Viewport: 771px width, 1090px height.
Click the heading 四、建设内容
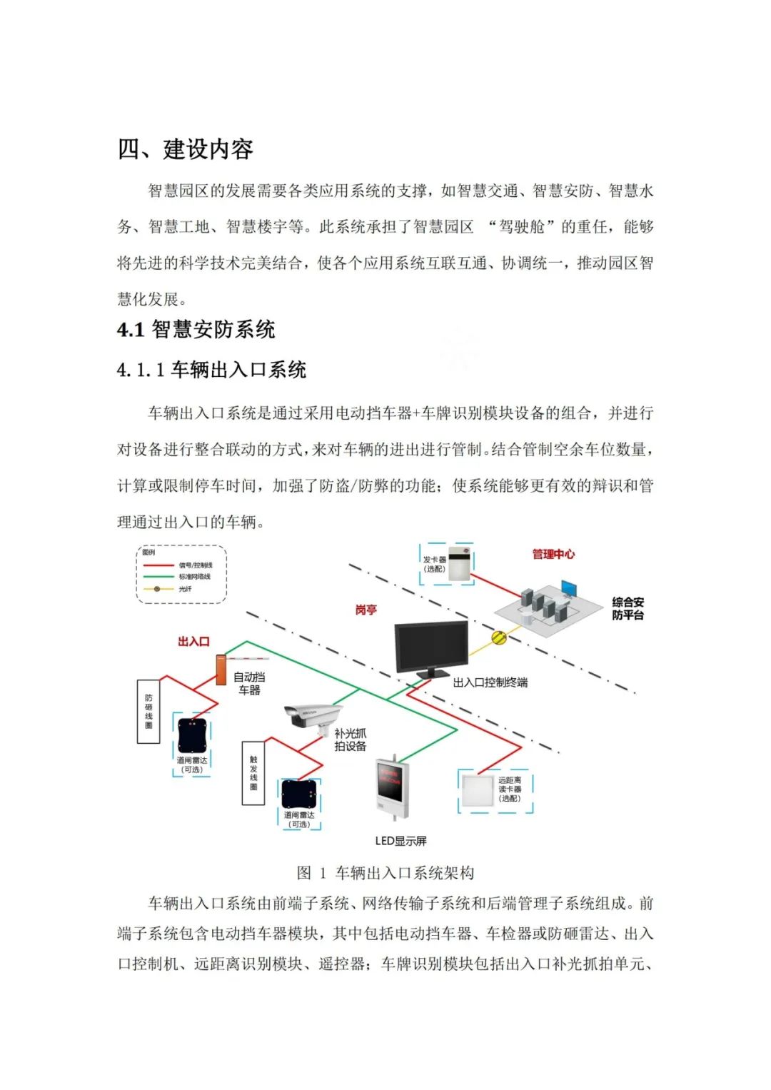tap(186, 150)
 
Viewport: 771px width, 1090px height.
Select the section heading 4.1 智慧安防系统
tap(196, 330)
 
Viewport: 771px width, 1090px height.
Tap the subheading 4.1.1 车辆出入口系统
tap(212, 370)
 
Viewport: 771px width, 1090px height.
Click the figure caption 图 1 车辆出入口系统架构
tap(385, 873)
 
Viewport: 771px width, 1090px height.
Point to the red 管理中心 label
tap(553, 554)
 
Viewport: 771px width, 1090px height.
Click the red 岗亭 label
tap(366, 610)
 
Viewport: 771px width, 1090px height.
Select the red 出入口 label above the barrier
tap(193, 642)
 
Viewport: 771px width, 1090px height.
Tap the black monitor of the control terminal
tap(432, 647)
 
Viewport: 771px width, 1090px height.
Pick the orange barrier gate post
tap(221, 670)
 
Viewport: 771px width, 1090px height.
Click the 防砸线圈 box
tap(148, 711)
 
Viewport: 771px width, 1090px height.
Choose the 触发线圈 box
tap(253, 772)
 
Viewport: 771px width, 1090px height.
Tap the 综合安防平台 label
tap(628, 608)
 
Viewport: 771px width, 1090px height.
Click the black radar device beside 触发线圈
tap(299, 794)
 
